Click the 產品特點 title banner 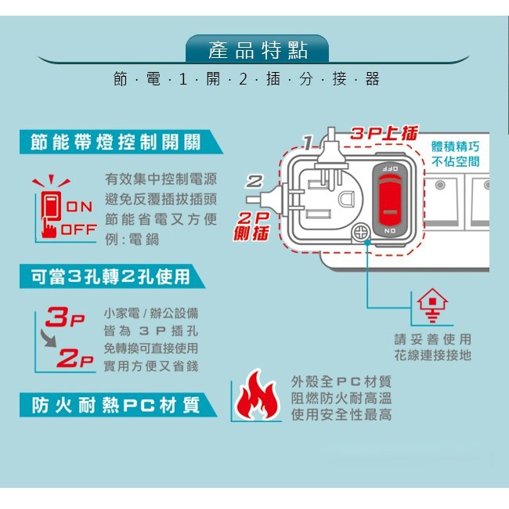pyautogui.click(x=257, y=50)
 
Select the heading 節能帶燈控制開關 pyautogui.click(x=116, y=142)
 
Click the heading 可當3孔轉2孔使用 pyautogui.click(x=110, y=276)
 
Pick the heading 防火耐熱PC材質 pyautogui.click(x=115, y=405)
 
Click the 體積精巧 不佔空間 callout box pyautogui.click(x=456, y=154)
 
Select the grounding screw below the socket pyautogui.click(x=361, y=233)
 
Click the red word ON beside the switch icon pyautogui.click(x=78, y=207)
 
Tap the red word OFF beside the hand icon pyautogui.click(x=78, y=229)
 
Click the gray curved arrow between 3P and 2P pyautogui.click(x=49, y=338)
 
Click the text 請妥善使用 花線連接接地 pyautogui.click(x=432, y=347)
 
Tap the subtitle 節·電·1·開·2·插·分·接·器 pyautogui.click(x=246, y=79)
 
